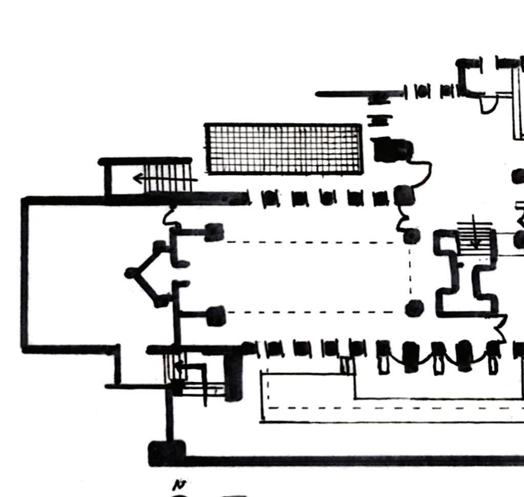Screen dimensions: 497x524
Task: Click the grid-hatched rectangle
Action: (283, 148)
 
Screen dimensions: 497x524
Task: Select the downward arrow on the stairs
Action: (475, 238)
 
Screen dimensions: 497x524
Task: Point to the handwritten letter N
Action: (179, 484)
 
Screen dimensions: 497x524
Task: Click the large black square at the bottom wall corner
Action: (166, 453)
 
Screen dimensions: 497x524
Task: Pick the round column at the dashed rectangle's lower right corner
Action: (413, 308)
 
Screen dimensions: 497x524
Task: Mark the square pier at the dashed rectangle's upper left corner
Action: (214, 232)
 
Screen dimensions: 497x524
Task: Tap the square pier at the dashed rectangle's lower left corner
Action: (216, 316)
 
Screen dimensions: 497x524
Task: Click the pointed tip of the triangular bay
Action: (131, 273)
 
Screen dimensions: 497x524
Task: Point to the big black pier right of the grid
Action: (392, 149)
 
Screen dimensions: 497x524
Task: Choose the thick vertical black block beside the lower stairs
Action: (233, 376)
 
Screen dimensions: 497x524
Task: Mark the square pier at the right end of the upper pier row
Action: (404, 195)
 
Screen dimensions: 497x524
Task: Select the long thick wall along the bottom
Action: (348, 460)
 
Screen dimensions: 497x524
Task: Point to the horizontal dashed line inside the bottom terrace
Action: (389, 408)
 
